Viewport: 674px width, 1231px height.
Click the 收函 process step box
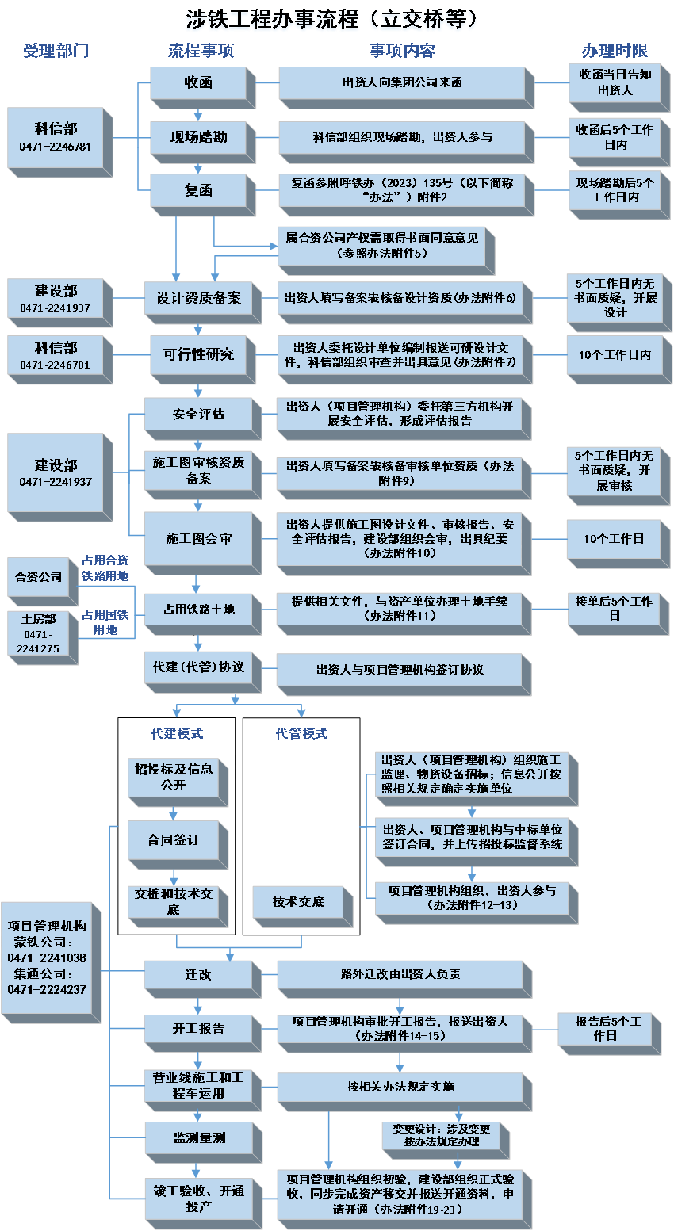pyautogui.click(x=198, y=82)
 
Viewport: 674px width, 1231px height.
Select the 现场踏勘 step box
pyautogui.click(x=198, y=137)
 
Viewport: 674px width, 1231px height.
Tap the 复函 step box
pyautogui.click(x=198, y=190)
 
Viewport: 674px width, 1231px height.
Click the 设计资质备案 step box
pyautogui.click(x=198, y=299)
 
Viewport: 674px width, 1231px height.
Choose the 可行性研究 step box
pyautogui.click(x=198, y=354)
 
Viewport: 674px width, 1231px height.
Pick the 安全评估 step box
pyautogui.click(x=198, y=414)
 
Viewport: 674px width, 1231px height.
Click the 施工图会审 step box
pyautogui.click(x=198, y=538)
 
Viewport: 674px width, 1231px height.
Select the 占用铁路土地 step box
pyautogui.click(x=198, y=609)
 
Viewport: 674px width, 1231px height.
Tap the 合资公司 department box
pyautogui.click(x=38, y=576)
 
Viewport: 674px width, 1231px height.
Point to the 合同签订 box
pyautogui.click(x=173, y=839)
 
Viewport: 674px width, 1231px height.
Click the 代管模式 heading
pyautogui.click(x=301, y=734)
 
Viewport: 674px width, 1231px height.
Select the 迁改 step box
pyautogui.click(x=198, y=974)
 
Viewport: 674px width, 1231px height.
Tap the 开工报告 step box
pyautogui.click(x=198, y=1028)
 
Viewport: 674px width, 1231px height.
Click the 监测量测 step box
pyautogui.click(x=198, y=1137)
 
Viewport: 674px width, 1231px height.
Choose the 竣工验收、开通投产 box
pyautogui.click(x=198, y=1198)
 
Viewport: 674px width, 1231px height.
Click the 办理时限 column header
pyautogui.click(x=615, y=51)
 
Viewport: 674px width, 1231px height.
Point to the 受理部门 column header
pyautogui.click(x=56, y=51)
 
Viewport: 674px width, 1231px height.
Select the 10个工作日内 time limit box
pyautogui.click(x=615, y=355)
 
